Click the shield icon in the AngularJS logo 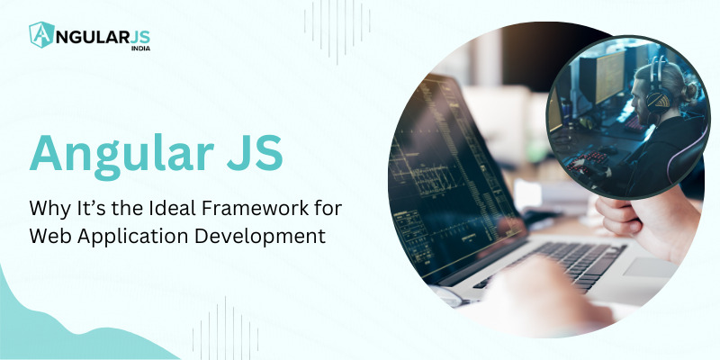(42, 35)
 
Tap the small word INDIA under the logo (140, 48)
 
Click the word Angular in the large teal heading (122, 152)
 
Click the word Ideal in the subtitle (180, 208)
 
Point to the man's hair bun (689, 89)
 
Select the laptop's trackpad (648, 267)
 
